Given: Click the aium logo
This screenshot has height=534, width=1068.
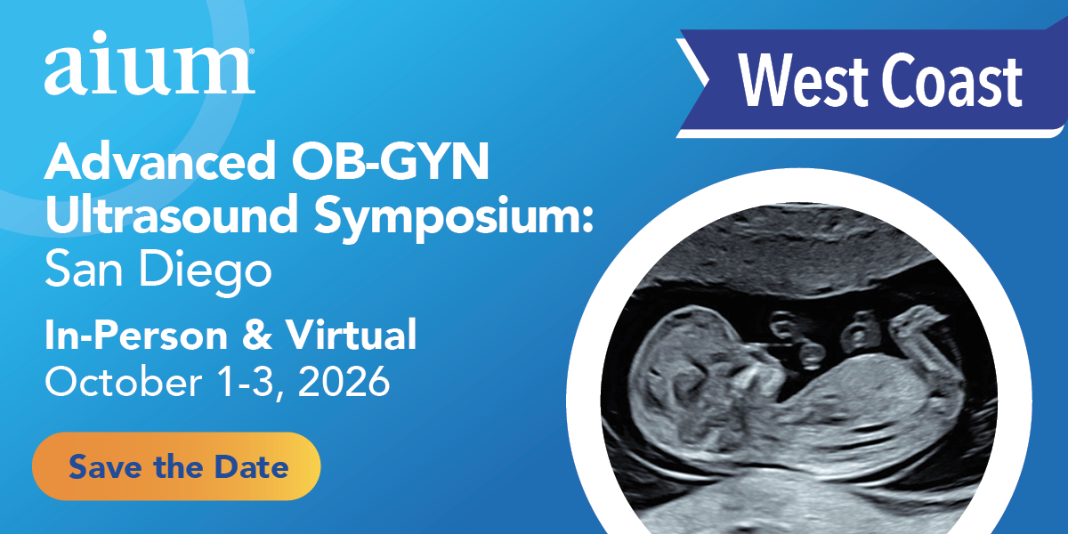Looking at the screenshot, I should pyautogui.click(x=150, y=70).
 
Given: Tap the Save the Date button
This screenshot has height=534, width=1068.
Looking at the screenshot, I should pyautogui.click(x=176, y=466).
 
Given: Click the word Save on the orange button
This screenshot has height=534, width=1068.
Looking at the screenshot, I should pyautogui.click(x=98, y=466).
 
